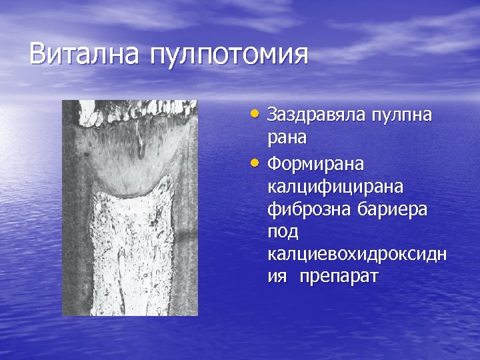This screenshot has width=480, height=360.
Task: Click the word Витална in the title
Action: click(x=83, y=54)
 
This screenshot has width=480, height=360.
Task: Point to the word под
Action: click(x=283, y=232)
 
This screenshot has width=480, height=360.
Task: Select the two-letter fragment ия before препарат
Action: click(x=276, y=277)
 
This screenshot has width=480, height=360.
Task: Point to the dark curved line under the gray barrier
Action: click(x=130, y=194)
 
